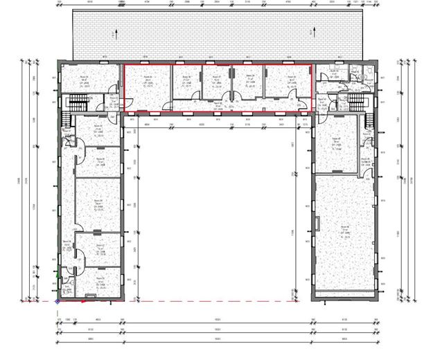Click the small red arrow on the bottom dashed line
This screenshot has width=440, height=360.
pos(84,301)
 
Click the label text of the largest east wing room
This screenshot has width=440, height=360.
pos(343,231)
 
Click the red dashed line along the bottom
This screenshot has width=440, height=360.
pos(208,302)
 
